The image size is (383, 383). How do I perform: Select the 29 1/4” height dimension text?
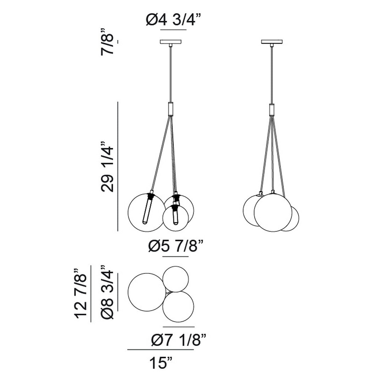point(107,166)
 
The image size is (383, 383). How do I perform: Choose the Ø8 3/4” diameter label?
point(107,292)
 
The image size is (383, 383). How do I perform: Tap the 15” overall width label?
point(161,363)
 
